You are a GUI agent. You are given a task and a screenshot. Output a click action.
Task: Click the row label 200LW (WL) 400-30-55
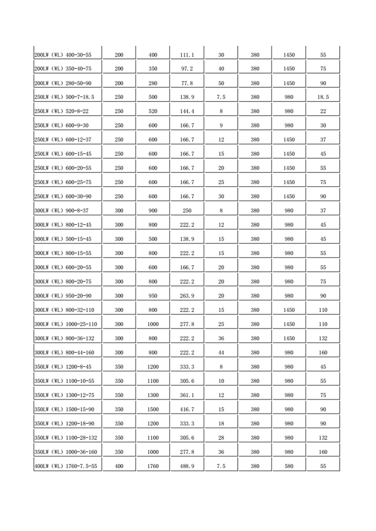pos(63,55)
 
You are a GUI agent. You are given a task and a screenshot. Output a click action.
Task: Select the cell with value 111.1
pos(187,55)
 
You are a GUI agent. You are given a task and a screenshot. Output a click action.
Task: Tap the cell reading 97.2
pos(187,69)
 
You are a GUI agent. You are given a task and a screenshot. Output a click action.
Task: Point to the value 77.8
pos(187,83)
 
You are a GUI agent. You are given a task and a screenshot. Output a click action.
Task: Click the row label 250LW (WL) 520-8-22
pos(62,111)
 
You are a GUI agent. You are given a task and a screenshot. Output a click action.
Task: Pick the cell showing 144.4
pos(187,111)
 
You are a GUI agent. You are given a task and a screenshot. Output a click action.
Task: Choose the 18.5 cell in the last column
pos(323,97)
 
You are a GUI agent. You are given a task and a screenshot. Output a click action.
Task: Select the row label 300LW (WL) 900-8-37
pos(62,211)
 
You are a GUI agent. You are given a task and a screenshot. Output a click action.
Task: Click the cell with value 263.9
pos(187,296)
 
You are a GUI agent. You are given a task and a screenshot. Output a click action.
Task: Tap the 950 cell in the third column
pos(153,296)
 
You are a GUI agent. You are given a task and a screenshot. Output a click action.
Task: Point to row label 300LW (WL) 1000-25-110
pos(66,324)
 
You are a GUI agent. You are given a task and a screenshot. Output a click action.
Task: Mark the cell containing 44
pos(221,353)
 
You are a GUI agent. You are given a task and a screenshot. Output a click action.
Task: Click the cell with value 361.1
pos(187,395)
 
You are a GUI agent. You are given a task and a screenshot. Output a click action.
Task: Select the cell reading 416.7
pos(187,409)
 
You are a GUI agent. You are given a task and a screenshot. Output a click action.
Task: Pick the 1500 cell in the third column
pos(153,409)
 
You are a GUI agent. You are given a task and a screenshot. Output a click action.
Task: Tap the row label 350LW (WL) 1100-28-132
pos(66,438)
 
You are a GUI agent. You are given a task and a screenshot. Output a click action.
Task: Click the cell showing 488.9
pos(187,466)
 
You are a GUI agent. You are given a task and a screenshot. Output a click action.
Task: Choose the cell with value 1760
pos(153,466)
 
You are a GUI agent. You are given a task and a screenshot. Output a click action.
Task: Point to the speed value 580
pos(289,466)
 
